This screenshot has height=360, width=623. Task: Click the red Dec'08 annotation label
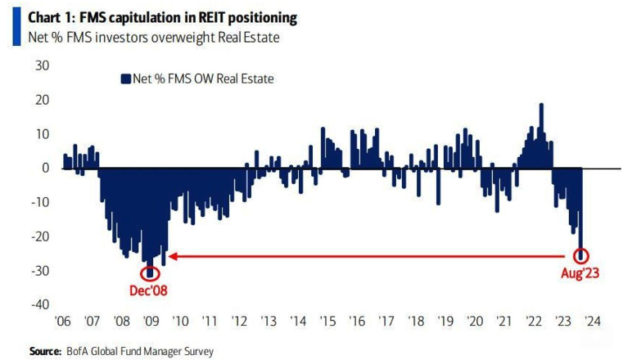coord(150,290)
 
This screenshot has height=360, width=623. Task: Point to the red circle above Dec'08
coord(150,271)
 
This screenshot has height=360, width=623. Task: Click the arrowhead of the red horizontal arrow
coord(173,256)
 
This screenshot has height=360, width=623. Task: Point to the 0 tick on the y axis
coord(47,168)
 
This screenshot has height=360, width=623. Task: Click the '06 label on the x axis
coord(63,322)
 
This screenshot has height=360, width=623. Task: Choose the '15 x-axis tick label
coord(327,322)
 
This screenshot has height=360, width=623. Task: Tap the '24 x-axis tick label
coord(592,322)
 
